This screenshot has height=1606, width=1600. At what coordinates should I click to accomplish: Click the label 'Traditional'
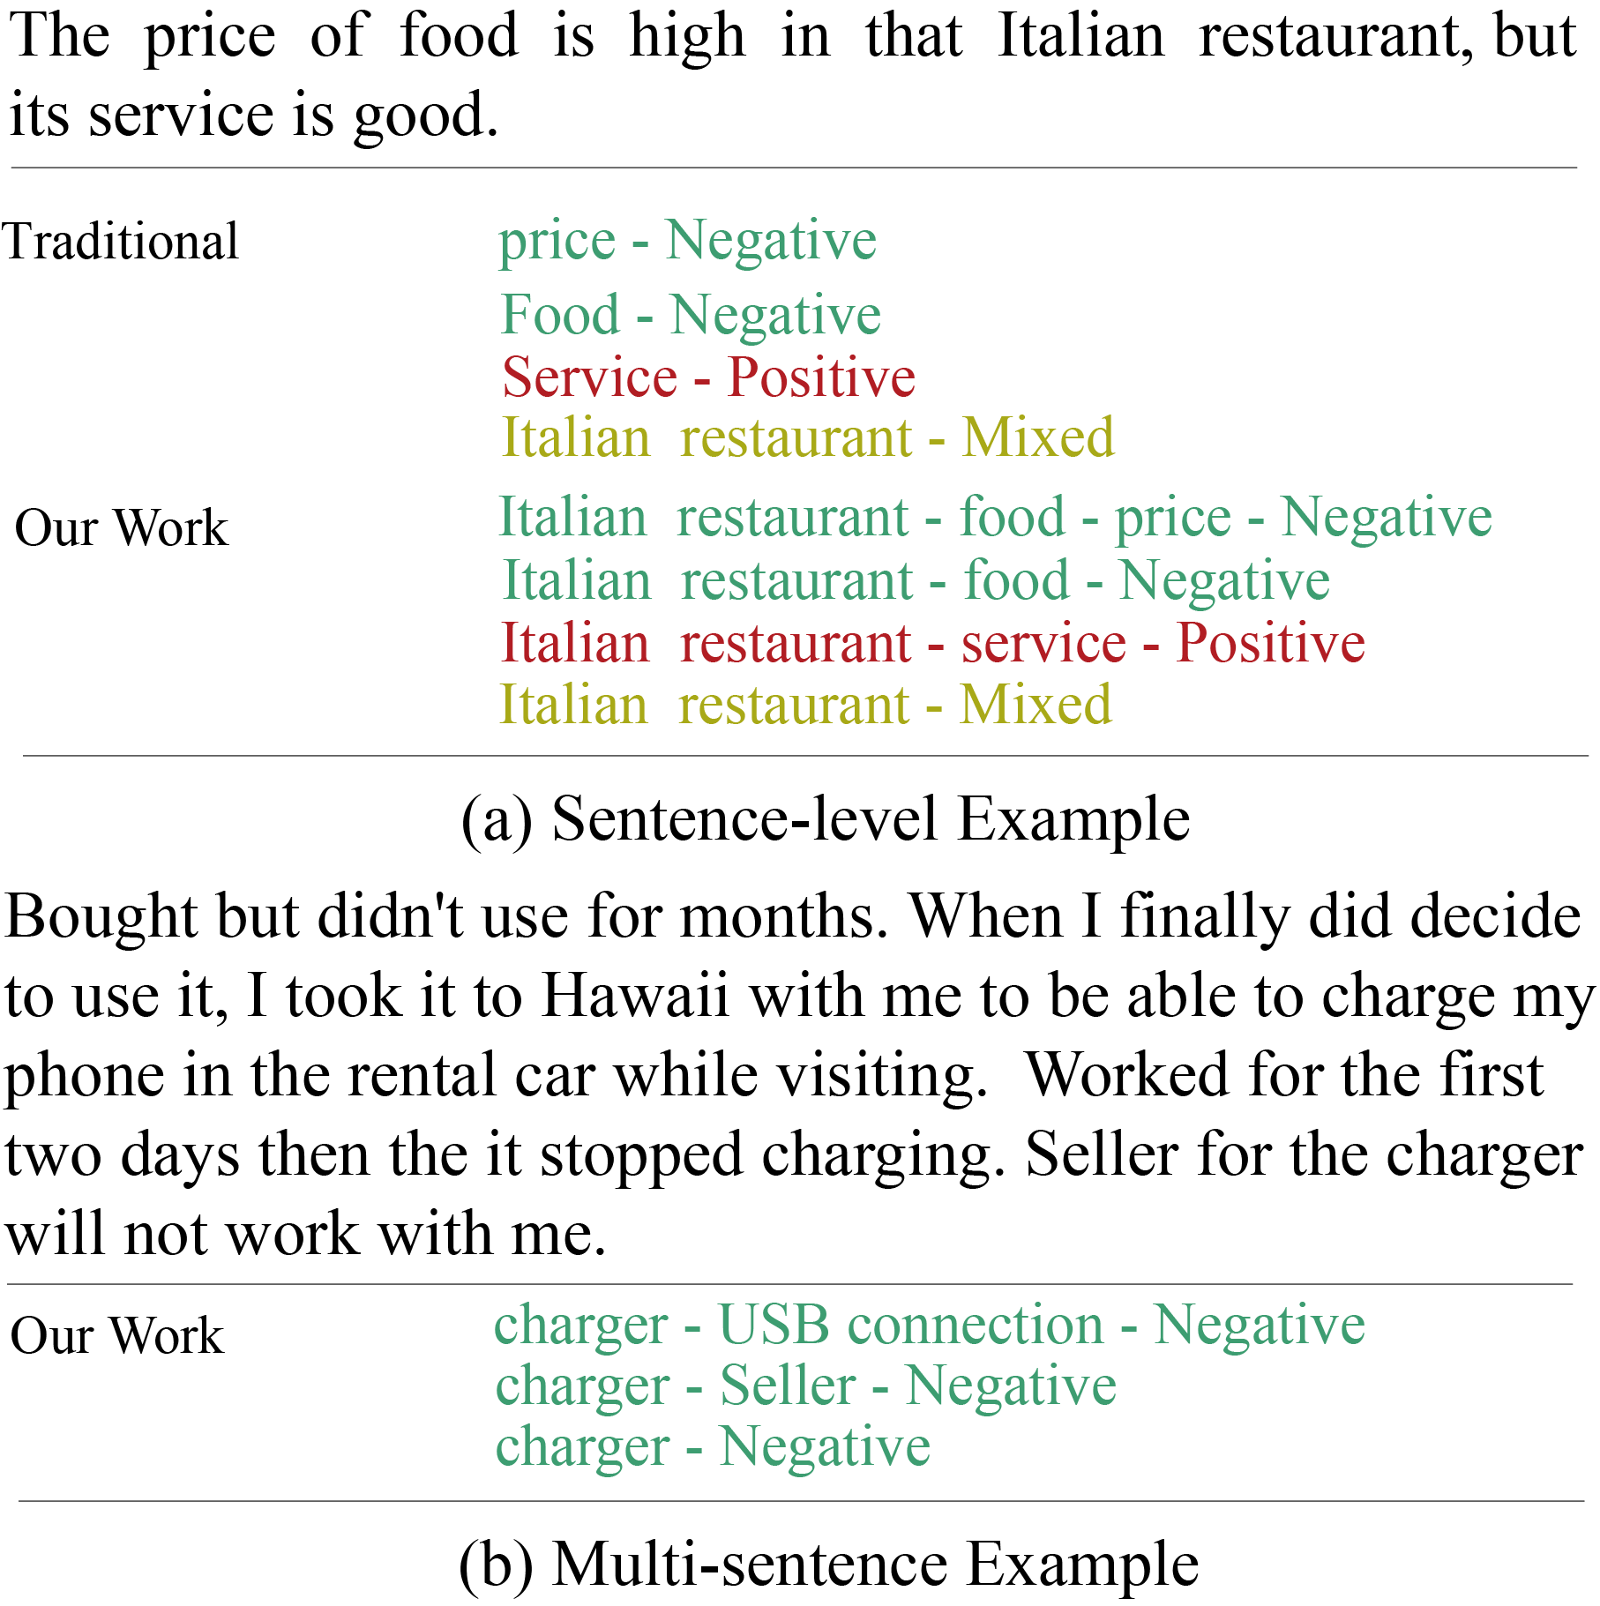point(121,242)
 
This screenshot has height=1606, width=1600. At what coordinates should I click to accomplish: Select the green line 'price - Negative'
point(687,240)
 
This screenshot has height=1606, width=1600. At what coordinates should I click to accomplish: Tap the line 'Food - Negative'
point(691,315)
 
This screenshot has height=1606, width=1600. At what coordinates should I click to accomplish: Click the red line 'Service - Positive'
point(708,377)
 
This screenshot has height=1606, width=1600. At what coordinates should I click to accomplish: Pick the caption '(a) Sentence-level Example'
point(825,819)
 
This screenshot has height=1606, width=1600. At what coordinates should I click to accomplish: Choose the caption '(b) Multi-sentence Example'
point(828,1565)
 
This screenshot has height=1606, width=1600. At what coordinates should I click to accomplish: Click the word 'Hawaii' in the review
point(635,996)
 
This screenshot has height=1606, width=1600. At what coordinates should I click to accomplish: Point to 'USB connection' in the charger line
point(910,1325)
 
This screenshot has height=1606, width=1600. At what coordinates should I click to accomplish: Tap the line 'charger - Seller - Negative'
point(805,1386)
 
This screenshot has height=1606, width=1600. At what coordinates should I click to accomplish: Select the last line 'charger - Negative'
point(713,1446)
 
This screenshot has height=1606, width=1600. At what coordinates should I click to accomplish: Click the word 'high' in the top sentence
point(687,38)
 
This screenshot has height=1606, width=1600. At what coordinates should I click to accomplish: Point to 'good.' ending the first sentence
point(426,116)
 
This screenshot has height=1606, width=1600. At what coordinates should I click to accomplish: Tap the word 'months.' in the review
point(784,916)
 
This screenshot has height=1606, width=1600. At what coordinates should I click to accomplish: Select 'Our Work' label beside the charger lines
point(116,1335)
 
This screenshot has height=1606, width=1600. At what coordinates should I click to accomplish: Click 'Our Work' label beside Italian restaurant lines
point(121,528)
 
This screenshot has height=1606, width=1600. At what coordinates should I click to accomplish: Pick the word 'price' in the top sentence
point(210,38)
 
